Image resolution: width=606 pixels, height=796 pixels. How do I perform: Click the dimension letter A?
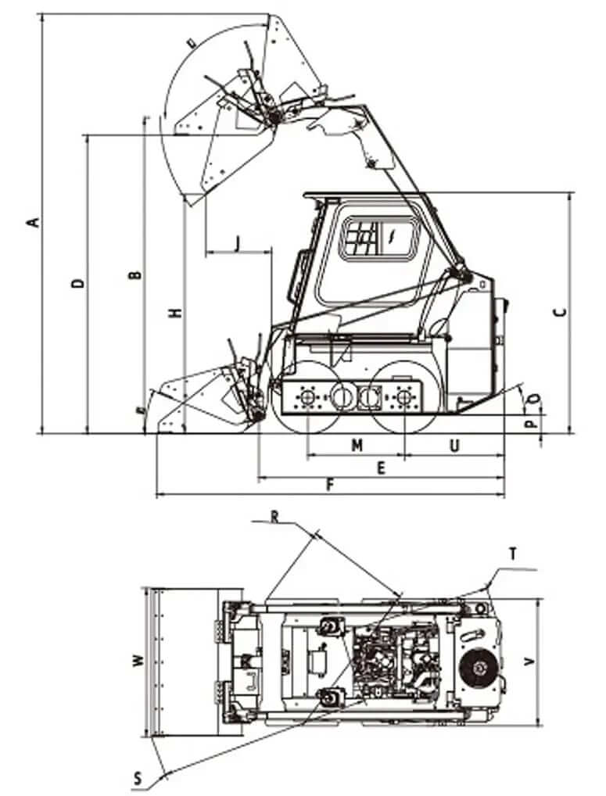point(32,222)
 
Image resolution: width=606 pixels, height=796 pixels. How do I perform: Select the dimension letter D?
point(77,283)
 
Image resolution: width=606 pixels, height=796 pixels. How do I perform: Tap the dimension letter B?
point(134,275)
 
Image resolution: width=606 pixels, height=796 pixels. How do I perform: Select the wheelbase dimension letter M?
point(357,445)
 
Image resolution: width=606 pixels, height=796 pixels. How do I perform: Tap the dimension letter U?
point(454,445)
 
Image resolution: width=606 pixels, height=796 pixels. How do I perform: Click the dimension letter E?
point(381,468)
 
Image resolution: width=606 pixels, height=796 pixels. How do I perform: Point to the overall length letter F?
point(329,486)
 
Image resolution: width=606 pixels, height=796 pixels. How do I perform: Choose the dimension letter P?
point(529,425)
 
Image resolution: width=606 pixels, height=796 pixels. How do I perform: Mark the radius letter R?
point(274,516)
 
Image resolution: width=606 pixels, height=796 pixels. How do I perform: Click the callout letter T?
point(512,554)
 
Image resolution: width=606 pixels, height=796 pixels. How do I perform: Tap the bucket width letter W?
point(138,662)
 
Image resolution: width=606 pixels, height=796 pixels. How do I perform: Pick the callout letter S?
point(138,778)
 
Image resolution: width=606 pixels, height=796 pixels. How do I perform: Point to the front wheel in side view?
point(308,399)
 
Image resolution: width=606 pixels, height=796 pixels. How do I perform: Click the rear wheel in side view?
point(404,399)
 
